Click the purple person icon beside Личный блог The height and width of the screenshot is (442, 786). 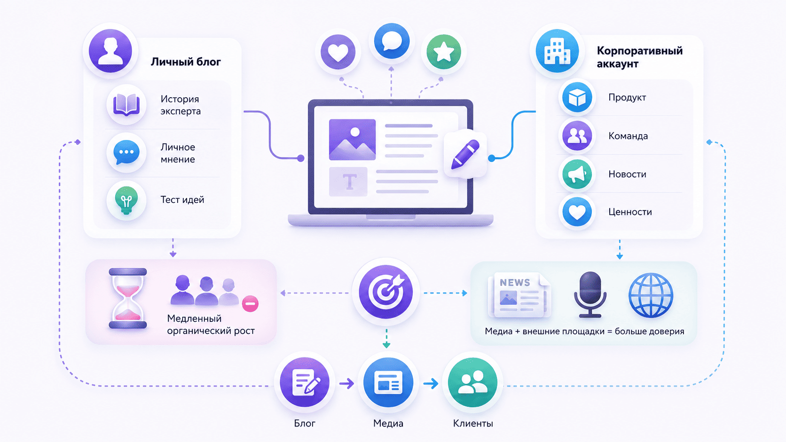(x=110, y=51)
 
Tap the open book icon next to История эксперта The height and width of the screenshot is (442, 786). (x=126, y=104)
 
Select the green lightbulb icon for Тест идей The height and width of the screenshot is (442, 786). (x=126, y=200)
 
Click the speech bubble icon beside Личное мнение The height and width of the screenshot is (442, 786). (x=126, y=153)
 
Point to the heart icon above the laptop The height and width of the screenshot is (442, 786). (x=338, y=52)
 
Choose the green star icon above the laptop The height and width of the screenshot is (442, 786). (x=443, y=52)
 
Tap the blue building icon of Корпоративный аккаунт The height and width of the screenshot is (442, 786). (x=557, y=51)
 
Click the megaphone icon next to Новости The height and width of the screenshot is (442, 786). (x=577, y=174)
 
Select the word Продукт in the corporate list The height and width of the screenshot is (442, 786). (x=627, y=97)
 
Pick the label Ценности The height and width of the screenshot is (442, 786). (x=630, y=212)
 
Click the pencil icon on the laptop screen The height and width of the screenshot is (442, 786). (x=465, y=154)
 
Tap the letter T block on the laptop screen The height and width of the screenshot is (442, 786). (x=348, y=182)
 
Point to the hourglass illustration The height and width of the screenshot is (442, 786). (x=128, y=298)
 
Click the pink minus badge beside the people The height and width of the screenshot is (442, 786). (x=250, y=303)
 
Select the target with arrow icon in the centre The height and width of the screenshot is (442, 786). (x=385, y=292)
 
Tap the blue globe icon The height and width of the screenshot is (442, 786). (x=651, y=295)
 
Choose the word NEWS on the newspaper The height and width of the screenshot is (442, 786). (x=515, y=282)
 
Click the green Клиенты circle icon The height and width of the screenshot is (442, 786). (x=472, y=382)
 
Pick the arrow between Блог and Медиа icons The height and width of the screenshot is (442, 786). (x=346, y=383)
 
